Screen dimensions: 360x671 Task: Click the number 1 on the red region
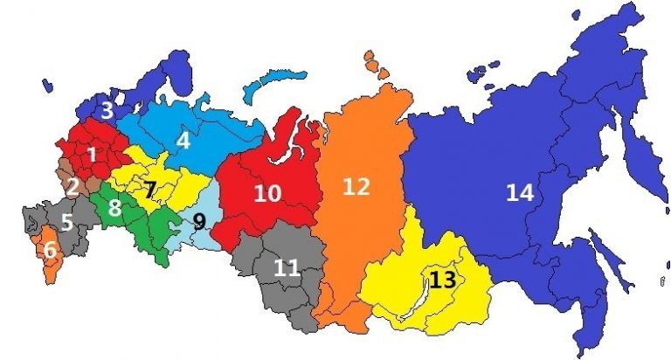click(92, 154)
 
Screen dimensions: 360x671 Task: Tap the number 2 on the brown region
click(73, 186)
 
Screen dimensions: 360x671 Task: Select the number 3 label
click(107, 112)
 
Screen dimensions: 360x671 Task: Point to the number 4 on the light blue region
click(183, 140)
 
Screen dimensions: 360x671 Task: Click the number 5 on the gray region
click(66, 223)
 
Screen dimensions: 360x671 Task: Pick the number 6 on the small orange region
click(50, 250)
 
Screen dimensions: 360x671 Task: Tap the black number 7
click(150, 189)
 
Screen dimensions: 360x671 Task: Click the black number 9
click(199, 222)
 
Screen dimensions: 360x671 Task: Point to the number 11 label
click(286, 267)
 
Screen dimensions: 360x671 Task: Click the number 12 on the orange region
click(356, 187)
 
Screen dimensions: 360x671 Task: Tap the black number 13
click(443, 280)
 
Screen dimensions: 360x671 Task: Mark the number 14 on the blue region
click(519, 193)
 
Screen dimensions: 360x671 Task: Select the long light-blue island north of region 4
click(271, 87)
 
